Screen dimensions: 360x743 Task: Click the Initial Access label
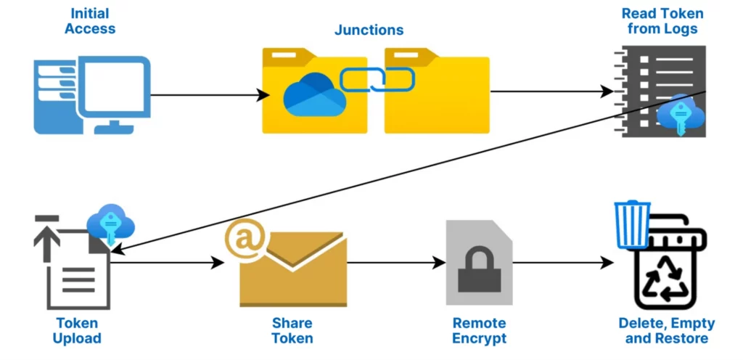point(89,21)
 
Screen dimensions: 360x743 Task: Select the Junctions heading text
point(369,30)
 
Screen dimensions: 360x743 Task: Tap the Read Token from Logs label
point(662,21)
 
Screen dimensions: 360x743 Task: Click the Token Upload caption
point(77,330)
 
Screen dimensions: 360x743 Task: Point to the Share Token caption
point(292,330)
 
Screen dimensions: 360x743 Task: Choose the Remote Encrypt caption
point(479,330)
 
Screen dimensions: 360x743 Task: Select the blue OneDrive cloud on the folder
point(314,97)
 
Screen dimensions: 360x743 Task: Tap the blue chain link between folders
point(377,79)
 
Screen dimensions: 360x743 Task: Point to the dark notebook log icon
point(657,87)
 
